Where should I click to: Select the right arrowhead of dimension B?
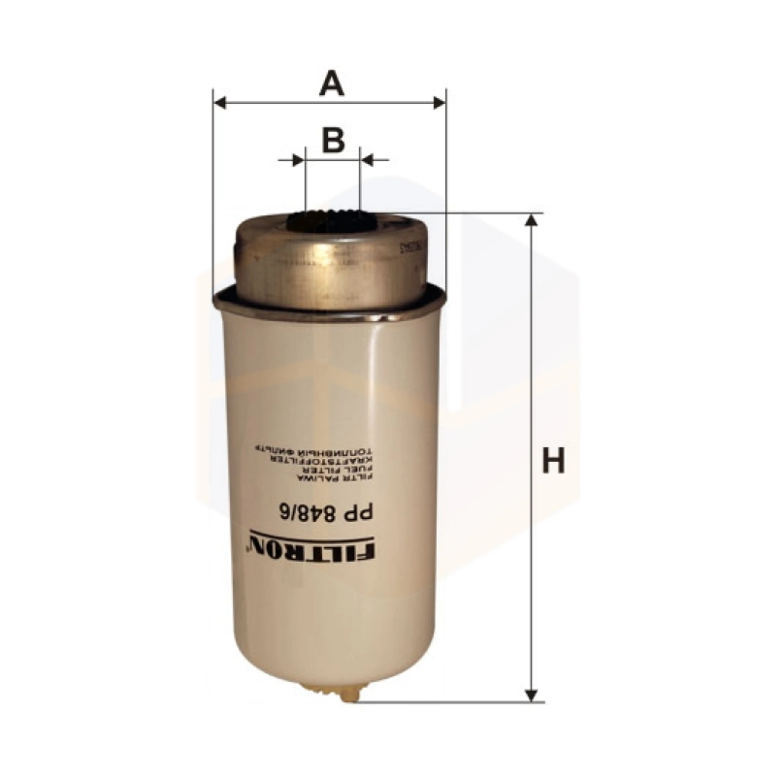click(x=368, y=160)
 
